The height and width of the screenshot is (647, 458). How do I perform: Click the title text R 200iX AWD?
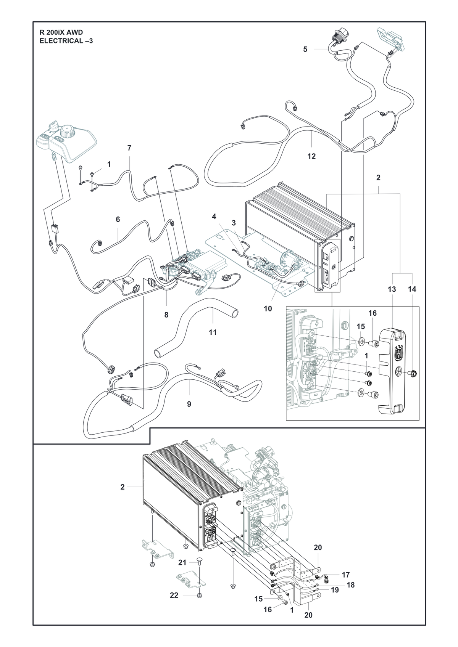61,32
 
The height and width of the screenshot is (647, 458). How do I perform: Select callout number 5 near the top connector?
305,50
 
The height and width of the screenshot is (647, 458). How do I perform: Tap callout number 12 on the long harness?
311,156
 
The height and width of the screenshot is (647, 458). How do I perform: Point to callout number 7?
129,148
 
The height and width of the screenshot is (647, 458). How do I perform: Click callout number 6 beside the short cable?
118,220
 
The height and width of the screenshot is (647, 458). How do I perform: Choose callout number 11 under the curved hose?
213,332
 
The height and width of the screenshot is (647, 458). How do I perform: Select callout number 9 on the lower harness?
189,404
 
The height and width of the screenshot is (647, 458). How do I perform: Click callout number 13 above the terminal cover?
392,289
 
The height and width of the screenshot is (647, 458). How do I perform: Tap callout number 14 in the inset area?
412,289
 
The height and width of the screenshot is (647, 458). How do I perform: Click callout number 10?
268,309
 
